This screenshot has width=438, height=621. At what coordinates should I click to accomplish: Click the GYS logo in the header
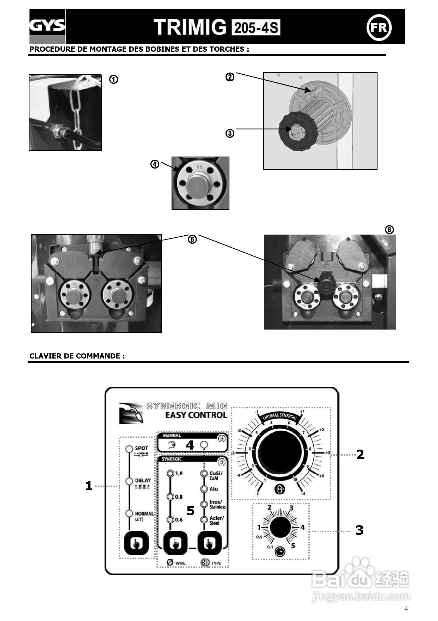click(47, 26)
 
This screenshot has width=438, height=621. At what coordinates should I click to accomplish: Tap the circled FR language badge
click(379, 27)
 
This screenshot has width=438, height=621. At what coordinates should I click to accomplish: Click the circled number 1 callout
click(113, 80)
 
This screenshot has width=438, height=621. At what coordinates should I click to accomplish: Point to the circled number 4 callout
click(155, 164)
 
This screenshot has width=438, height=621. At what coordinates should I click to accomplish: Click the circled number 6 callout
click(389, 230)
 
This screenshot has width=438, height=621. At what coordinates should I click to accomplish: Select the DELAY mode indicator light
click(129, 481)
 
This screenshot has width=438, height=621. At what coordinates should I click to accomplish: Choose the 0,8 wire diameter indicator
click(170, 497)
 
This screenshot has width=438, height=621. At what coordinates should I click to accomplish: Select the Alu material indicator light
click(204, 489)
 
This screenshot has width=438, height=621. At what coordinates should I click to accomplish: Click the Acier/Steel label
click(216, 521)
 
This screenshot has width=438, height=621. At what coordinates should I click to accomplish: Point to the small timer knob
click(281, 528)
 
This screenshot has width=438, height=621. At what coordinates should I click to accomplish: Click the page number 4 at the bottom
click(406, 609)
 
